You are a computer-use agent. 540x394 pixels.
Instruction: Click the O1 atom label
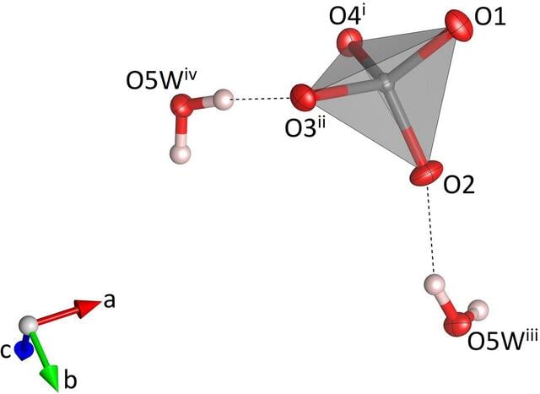(490, 17)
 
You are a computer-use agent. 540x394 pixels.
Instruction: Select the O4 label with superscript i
(347, 15)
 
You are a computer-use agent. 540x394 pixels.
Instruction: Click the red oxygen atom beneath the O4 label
(349, 42)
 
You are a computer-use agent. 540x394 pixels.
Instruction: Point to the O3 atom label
(305, 127)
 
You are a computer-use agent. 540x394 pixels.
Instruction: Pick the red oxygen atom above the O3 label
(303, 97)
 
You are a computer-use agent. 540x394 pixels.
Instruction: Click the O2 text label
(459, 185)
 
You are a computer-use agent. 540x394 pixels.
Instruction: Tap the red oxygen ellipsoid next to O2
(426, 174)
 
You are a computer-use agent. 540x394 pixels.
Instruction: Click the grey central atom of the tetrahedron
(386, 84)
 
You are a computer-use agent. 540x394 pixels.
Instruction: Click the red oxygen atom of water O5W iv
(181, 105)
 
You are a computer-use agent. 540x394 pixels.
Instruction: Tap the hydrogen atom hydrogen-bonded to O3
(224, 100)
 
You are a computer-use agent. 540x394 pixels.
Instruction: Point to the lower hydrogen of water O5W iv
(180, 154)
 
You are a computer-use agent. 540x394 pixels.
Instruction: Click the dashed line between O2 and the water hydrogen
(430, 230)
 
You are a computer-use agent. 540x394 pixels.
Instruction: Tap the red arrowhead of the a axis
(89, 307)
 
